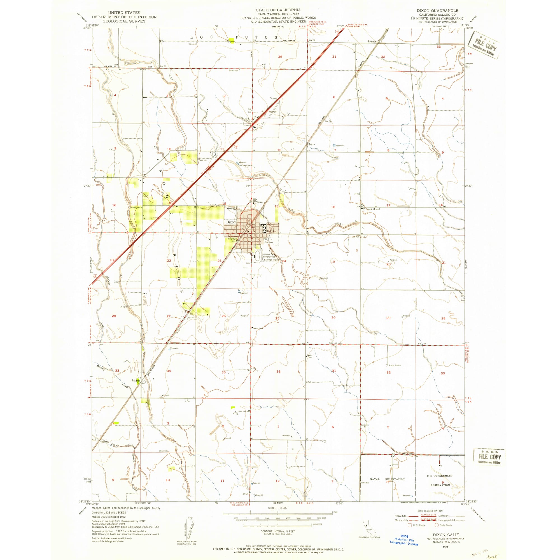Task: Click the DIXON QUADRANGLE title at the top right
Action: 438,10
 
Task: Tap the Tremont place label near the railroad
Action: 372,41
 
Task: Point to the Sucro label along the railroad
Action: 312,144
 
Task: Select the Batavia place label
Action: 136,380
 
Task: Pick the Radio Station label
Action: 395,365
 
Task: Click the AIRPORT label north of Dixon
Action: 273,112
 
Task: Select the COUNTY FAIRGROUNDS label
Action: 269,256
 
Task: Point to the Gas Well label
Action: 355,237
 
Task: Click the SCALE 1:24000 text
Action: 278,508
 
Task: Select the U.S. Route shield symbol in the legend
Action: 410,525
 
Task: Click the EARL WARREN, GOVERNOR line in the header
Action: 278,14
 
